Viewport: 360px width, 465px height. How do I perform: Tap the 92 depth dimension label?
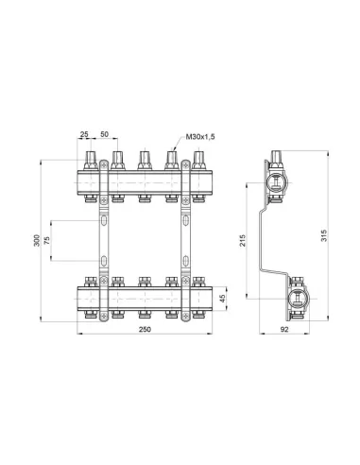(283, 329)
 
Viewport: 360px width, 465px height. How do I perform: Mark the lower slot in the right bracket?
(184, 257)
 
